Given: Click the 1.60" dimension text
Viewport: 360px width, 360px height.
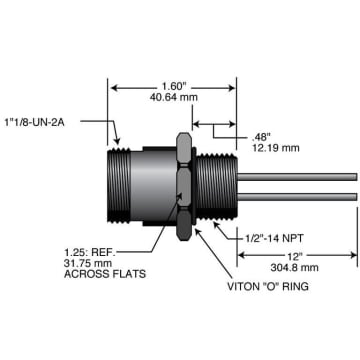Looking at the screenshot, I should pos(174,86).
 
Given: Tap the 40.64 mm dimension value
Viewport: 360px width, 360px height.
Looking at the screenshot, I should pos(174,99).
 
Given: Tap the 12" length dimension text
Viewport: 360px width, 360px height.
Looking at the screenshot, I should pos(300,257).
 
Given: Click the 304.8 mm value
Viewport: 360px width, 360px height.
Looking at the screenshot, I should pos(297,269).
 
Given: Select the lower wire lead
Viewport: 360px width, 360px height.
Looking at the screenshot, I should pos(300,194).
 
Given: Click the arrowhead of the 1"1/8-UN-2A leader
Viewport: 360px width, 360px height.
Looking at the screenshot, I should pos(119,144).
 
